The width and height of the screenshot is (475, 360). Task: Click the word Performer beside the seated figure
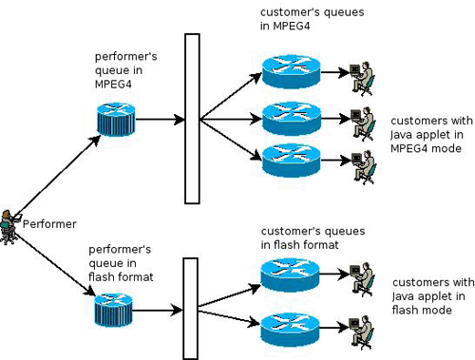[49, 224]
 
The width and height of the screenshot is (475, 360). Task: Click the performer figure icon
[9, 227]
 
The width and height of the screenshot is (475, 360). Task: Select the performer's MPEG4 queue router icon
[116, 119]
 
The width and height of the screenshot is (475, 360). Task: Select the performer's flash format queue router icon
[113, 310]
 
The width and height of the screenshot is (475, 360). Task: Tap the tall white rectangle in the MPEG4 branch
[192, 119]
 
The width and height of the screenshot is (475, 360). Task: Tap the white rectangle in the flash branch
[191, 309]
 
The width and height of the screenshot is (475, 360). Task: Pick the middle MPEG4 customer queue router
[292, 119]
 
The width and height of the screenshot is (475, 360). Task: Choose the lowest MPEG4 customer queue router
[292, 161]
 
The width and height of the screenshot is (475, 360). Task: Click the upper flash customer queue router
[290, 275]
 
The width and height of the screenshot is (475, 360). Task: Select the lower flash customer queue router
[290, 330]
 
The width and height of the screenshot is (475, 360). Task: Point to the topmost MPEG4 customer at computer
[362, 79]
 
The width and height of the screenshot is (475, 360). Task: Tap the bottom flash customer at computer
[361, 332]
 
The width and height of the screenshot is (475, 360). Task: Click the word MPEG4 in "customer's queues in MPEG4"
[291, 26]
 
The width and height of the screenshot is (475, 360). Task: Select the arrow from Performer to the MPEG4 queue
[57, 177]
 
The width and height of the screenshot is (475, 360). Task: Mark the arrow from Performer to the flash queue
[54, 265]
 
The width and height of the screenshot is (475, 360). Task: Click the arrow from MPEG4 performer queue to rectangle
[160, 120]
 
